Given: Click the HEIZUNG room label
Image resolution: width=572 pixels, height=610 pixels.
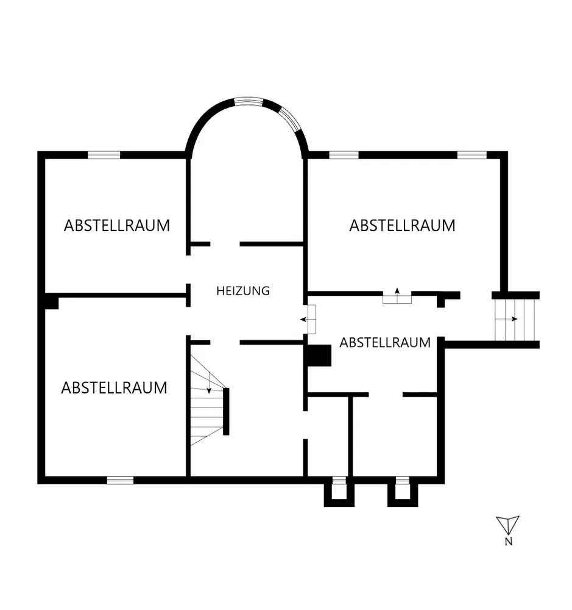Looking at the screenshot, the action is [242, 291].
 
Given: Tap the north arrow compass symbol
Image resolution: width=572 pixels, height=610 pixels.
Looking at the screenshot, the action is [507, 525].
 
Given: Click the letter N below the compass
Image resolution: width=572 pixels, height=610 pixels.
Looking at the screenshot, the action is [508, 542].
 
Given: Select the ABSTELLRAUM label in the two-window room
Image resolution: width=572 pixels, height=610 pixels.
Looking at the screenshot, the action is [402, 226].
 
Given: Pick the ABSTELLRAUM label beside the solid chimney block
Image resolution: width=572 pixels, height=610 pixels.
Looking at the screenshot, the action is [385, 343].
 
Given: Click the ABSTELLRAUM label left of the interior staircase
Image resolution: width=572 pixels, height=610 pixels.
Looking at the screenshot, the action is [114, 388].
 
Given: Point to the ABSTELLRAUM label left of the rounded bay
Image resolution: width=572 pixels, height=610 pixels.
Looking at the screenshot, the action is [117, 226].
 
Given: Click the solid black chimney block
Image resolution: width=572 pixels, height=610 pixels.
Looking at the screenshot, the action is [318, 356].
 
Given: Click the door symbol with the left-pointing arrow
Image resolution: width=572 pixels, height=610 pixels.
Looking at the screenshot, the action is [309, 319].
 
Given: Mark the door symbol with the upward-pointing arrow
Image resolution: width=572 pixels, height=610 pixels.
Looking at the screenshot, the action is [397, 296].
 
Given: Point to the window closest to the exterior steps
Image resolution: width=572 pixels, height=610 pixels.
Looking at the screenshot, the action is [472, 155].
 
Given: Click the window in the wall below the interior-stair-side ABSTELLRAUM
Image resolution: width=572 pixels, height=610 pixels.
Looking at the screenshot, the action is [120, 481].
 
